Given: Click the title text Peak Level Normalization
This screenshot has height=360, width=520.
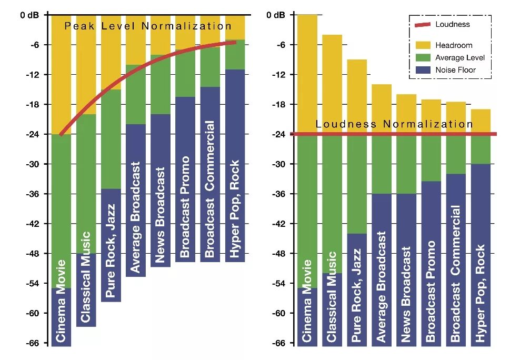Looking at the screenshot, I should pos(147,26).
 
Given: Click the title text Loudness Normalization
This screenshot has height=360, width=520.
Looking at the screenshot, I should pos(394,124).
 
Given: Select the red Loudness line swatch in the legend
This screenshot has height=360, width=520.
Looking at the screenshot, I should pos(422,25).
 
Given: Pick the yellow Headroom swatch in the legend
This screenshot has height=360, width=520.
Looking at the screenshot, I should pos(422,46).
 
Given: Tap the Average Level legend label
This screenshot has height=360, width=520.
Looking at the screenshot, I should pos(459,58).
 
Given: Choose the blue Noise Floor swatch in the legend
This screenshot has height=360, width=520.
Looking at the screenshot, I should pos(422,70).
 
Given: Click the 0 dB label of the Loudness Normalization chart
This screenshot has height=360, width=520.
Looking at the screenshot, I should pos(276,15).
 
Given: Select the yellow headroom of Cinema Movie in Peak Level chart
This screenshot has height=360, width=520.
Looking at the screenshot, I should pos(61,74).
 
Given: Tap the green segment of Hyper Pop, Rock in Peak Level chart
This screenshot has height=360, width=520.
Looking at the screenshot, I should pos(235,55).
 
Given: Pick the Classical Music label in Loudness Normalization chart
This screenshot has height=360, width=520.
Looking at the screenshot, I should pos(332,297).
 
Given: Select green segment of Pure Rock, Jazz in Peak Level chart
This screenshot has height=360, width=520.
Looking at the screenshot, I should pos(111,139).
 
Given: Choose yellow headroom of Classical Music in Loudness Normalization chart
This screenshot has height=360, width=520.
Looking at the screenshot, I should pos(332,84).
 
